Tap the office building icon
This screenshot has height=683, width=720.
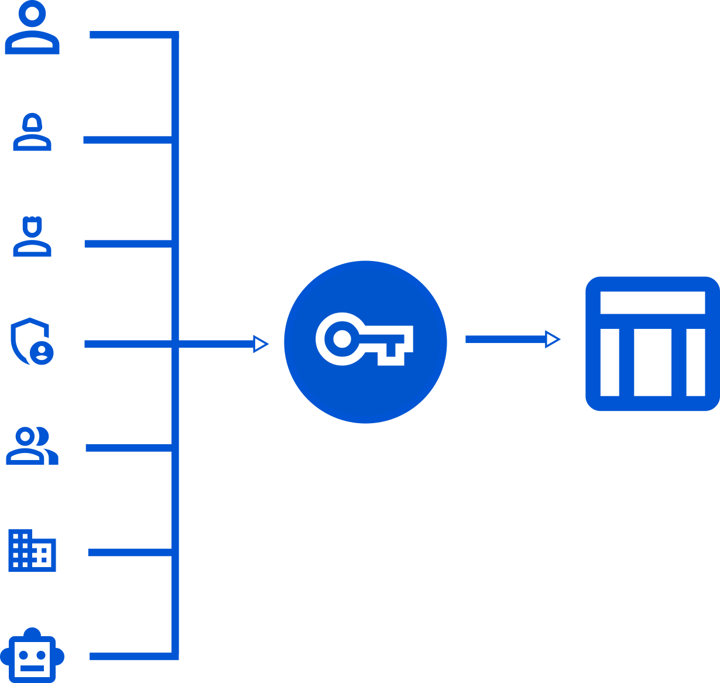pyautogui.click(x=32, y=551)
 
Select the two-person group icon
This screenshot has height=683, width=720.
pyautogui.click(x=32, y=447)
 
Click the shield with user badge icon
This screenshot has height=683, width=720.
pyautogui.click(x=32, y=341)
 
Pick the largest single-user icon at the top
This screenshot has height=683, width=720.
pyautogui.click(x=32, y=28)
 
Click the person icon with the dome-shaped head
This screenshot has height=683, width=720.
pyautogui.click(x=32, y=133)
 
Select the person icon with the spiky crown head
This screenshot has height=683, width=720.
pyautogui.click(x=32, y=237)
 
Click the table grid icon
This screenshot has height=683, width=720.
pyautogui.click(x=652, y=344)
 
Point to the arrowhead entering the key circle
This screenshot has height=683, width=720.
pyautogui.click(x=260, y=344)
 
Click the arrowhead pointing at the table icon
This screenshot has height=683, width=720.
pyautogui.click(x=552, y=339)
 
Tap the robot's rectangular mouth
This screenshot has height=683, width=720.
pyautogui.click(x=32, y=668)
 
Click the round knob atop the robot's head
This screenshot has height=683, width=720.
pyautogui.click(x=32, y=633)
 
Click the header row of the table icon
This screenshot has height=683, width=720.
pyautogui.click(x=652, y=303)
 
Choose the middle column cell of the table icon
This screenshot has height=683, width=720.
pyautogui.click(x=652, y=362)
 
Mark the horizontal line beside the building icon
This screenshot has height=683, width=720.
pyautogui.click(x=129, y=552)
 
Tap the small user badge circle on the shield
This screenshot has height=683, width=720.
pyautogui.click(x=42, y=353)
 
